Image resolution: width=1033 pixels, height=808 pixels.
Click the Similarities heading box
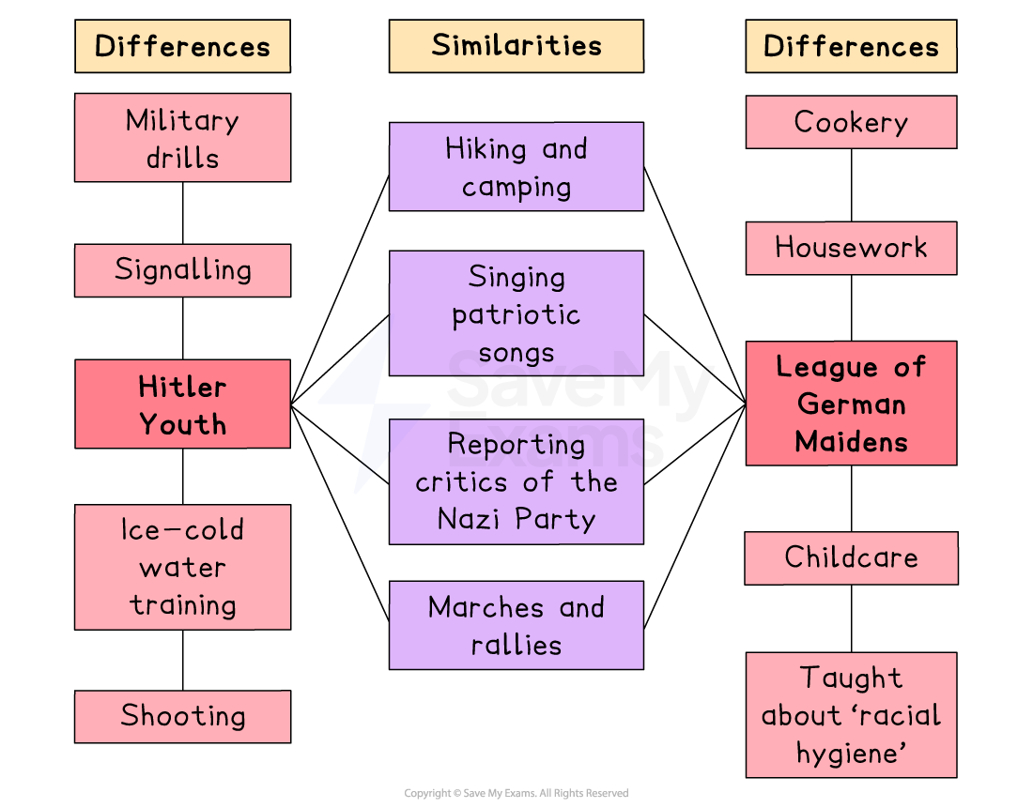(516, 46)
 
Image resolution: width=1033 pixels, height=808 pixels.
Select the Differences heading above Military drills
(182, 46)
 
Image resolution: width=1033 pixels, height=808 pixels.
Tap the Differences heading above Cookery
(851, 46)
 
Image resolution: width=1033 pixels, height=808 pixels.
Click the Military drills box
(182, 137)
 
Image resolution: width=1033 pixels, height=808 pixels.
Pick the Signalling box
(182, 270)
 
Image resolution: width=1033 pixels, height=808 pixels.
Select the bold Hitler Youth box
(182, 404)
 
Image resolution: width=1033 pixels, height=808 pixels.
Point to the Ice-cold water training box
(182, 567)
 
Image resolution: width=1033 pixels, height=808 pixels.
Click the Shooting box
(182, 716)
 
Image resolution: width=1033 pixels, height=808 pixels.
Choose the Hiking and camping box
(516, 166)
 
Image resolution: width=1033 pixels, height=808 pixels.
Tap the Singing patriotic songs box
(516, 313)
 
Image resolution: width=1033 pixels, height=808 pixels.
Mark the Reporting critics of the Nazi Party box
(516, 481)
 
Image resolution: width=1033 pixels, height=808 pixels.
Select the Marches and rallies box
(516, 625)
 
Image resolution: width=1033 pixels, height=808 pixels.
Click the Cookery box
(851, 122)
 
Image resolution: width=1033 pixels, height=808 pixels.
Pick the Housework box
(851, 248)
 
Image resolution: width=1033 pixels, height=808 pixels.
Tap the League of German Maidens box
(851, 403)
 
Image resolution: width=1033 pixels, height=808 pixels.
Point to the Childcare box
(851, 557)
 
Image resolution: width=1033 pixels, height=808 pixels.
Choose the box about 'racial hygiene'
(851, 714)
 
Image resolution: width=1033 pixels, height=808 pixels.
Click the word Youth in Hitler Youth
(182, 424)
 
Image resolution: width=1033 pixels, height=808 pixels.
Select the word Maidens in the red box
(851, 441)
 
